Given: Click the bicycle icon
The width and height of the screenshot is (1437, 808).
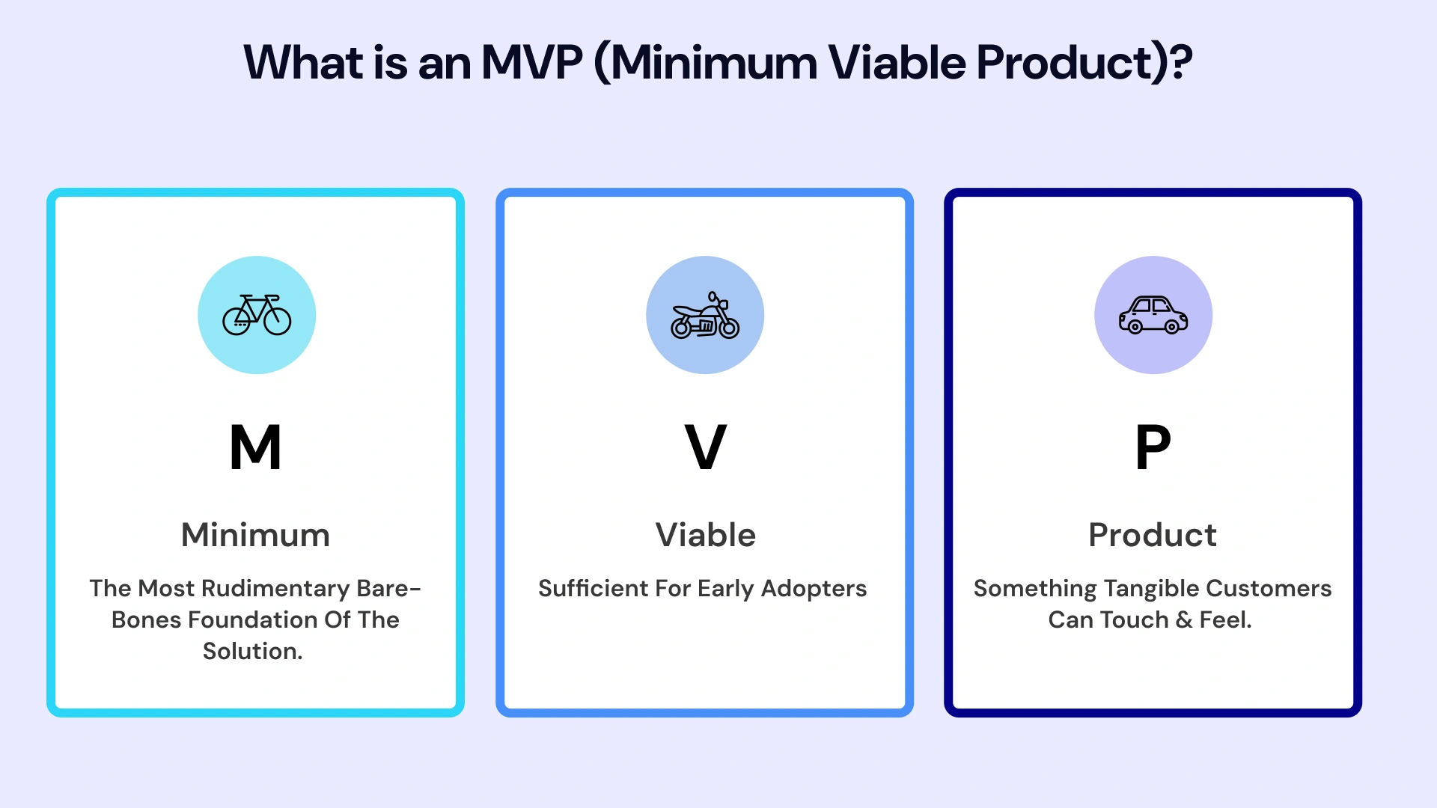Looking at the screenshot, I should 257,315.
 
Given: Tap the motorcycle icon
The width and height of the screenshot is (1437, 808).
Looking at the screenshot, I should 705,316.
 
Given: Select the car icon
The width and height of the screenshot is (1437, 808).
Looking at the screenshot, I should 1153,315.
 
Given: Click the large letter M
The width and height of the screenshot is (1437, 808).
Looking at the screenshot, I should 255,447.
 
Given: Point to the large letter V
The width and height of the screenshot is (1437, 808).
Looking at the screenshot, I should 705,447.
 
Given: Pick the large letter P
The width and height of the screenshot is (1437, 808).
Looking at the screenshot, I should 1153,447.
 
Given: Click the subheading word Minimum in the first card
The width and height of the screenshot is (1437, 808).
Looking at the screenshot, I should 255,535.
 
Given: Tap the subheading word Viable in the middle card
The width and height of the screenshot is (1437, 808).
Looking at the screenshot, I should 705,535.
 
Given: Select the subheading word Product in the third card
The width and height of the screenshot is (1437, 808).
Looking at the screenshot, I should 1153,535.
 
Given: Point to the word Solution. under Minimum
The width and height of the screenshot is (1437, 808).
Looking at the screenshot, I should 253,652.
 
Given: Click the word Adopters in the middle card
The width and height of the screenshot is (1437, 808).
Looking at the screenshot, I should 814,589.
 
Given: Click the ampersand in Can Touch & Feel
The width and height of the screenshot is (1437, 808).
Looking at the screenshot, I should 1184,620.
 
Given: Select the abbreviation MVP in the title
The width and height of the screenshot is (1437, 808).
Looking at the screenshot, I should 532,62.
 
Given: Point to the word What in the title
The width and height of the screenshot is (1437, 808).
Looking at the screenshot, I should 303,62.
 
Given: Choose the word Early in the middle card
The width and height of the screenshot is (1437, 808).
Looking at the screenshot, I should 725,589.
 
